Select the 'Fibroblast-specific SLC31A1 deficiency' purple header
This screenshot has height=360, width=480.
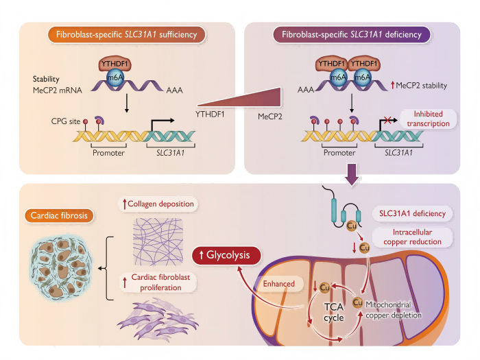352,33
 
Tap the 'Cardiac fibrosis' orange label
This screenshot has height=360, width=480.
59,215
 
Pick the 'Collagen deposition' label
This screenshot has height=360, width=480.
159,204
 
